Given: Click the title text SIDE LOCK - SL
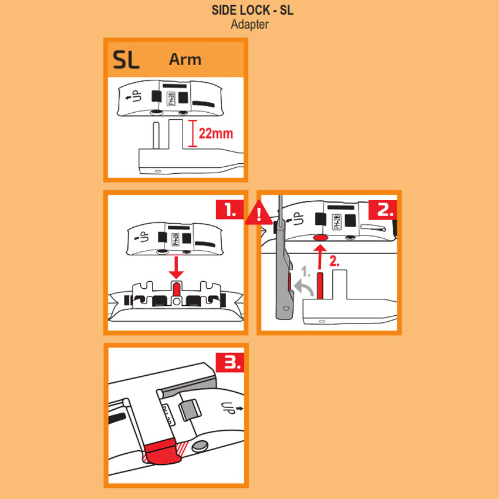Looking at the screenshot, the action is pyautogui.click(x=252, y=10).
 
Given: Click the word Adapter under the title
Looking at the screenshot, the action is pyautogui.click(x=250, y=25).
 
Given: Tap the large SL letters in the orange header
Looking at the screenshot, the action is pyautogui.click(x=126, y=59).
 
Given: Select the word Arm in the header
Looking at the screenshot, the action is pyautogui.click(x=185, y=59).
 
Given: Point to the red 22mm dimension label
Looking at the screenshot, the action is pyautogui.click(x=216, y=133).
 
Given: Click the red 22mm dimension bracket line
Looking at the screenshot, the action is pyautogui.click(x=193, y=133).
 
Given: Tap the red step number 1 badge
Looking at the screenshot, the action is pyautogui.click(x=230, y=210).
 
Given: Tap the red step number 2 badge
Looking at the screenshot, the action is pyautogui.click(x=383, y=210).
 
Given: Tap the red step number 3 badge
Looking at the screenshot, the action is pyautogui.click(x=230, y=362).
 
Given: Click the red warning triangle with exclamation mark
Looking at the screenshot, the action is pyautogui.click(x=259, y=213).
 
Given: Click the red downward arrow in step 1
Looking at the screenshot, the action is pyautogui.click(x=176, y=267).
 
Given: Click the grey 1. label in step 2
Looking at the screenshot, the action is pyautogui.click(x=306, y=271).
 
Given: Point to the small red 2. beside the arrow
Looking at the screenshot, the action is pyautogui.click(x=334, y=261).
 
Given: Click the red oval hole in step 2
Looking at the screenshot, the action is pyautogui.click(x=321, y=238).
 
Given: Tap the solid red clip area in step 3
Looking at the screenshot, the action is pyautogui.click(x=161, y=452).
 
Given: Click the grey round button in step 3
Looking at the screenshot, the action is pyautogui.click(x=200, y=446).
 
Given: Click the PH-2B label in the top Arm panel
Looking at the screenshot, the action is pyautogui.click(x=171, y=99).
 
